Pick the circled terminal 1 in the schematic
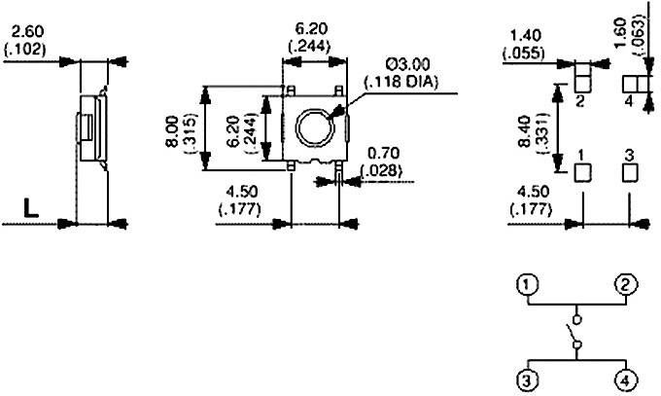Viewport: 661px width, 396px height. [527, 285]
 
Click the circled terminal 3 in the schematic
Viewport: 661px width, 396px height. [527, 379]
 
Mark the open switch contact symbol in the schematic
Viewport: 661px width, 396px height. [575, 332]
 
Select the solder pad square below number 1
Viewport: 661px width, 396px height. [583, 172]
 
